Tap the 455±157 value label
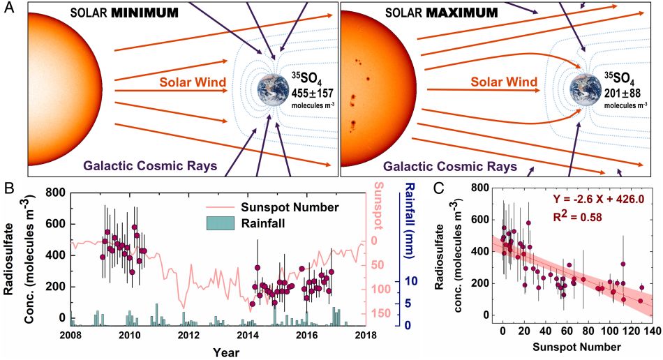[x=313, y=91]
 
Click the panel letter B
[x=8, y=187]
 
